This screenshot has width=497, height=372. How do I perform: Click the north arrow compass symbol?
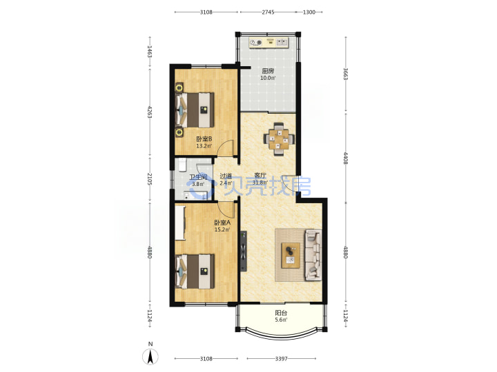[150, 357]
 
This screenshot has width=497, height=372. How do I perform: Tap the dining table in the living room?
[280, 139]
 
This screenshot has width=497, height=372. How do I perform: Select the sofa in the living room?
[313, 255]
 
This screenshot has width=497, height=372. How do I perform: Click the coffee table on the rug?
[291, 256]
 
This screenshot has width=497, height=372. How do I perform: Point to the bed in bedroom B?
[195, 110]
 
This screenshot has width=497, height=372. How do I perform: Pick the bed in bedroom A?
[195, 271]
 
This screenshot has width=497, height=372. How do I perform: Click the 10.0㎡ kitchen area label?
[268, 78]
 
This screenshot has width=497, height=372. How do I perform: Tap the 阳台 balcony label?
[281, 313]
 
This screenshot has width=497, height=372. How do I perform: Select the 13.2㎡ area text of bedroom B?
[204, 146]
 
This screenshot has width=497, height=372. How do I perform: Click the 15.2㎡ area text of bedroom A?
[222, 229]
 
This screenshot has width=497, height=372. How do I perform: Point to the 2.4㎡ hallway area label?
[226, 183]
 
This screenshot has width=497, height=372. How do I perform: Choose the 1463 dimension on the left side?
[150, 52]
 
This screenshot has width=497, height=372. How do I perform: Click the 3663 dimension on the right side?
[346, 74]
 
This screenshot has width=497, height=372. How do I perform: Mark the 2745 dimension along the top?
[268, 12]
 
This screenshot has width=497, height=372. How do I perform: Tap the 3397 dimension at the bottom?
[281, 359]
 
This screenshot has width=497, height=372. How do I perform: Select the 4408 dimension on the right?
[346, 158]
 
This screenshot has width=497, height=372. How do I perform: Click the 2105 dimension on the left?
[150, 179]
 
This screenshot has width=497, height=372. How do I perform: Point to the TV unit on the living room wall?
[243, 251]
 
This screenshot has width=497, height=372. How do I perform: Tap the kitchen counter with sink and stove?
[269, 43]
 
